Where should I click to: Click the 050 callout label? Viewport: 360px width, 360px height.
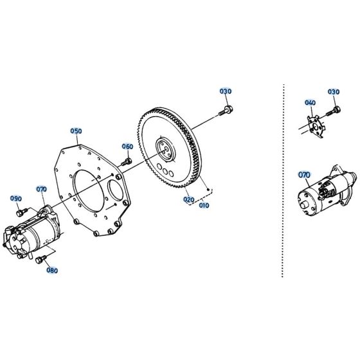click(x=76, y=131)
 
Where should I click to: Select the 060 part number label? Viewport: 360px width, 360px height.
click(x=127, y=147)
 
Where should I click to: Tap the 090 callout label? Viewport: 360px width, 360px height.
click(x=15, y=199)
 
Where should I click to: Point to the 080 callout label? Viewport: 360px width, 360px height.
click(x=52, y=271)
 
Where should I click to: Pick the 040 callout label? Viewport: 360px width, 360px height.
click(x=310, y=103)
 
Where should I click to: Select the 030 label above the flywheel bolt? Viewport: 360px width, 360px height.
click(x=225, y=91)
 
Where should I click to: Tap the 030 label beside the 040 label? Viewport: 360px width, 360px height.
click(x=333, y=92)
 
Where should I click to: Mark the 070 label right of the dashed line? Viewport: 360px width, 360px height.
click(x=304, y=174)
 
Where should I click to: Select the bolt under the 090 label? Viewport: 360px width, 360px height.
click(x=22, y=211)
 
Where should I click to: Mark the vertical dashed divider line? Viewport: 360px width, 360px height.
click(x=282, y=180)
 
